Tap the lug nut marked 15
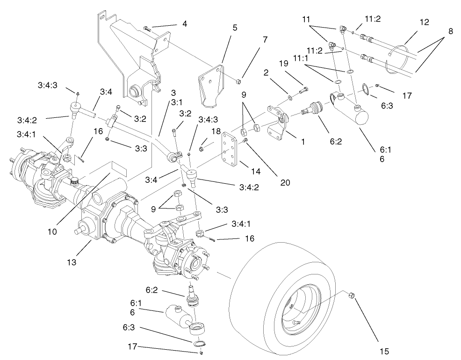(352, 295)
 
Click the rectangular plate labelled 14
(231, 151)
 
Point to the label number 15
(384, 350)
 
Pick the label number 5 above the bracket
(235, 28)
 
